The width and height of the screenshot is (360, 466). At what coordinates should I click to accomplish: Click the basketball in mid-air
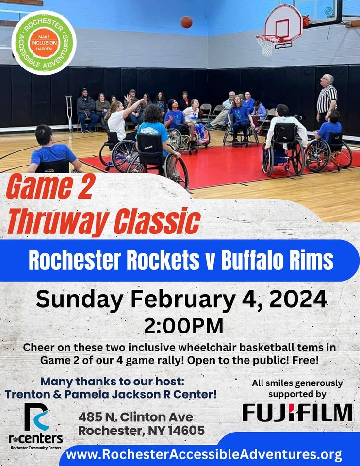(186, 22)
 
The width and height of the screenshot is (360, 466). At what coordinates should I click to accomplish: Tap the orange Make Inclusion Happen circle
(44, 43)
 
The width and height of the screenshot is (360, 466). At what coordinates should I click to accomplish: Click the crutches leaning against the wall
(69, 113)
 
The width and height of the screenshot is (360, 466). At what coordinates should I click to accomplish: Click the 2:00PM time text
(183, 326)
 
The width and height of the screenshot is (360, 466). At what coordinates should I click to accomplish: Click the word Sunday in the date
(80, 300)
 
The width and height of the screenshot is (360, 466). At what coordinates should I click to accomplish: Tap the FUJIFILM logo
(297, 413)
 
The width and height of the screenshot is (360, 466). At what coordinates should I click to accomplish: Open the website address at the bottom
(204, 455)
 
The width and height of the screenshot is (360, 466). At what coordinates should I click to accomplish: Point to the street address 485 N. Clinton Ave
(135, 417)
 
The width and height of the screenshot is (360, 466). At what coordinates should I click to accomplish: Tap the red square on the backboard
(282, 28)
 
